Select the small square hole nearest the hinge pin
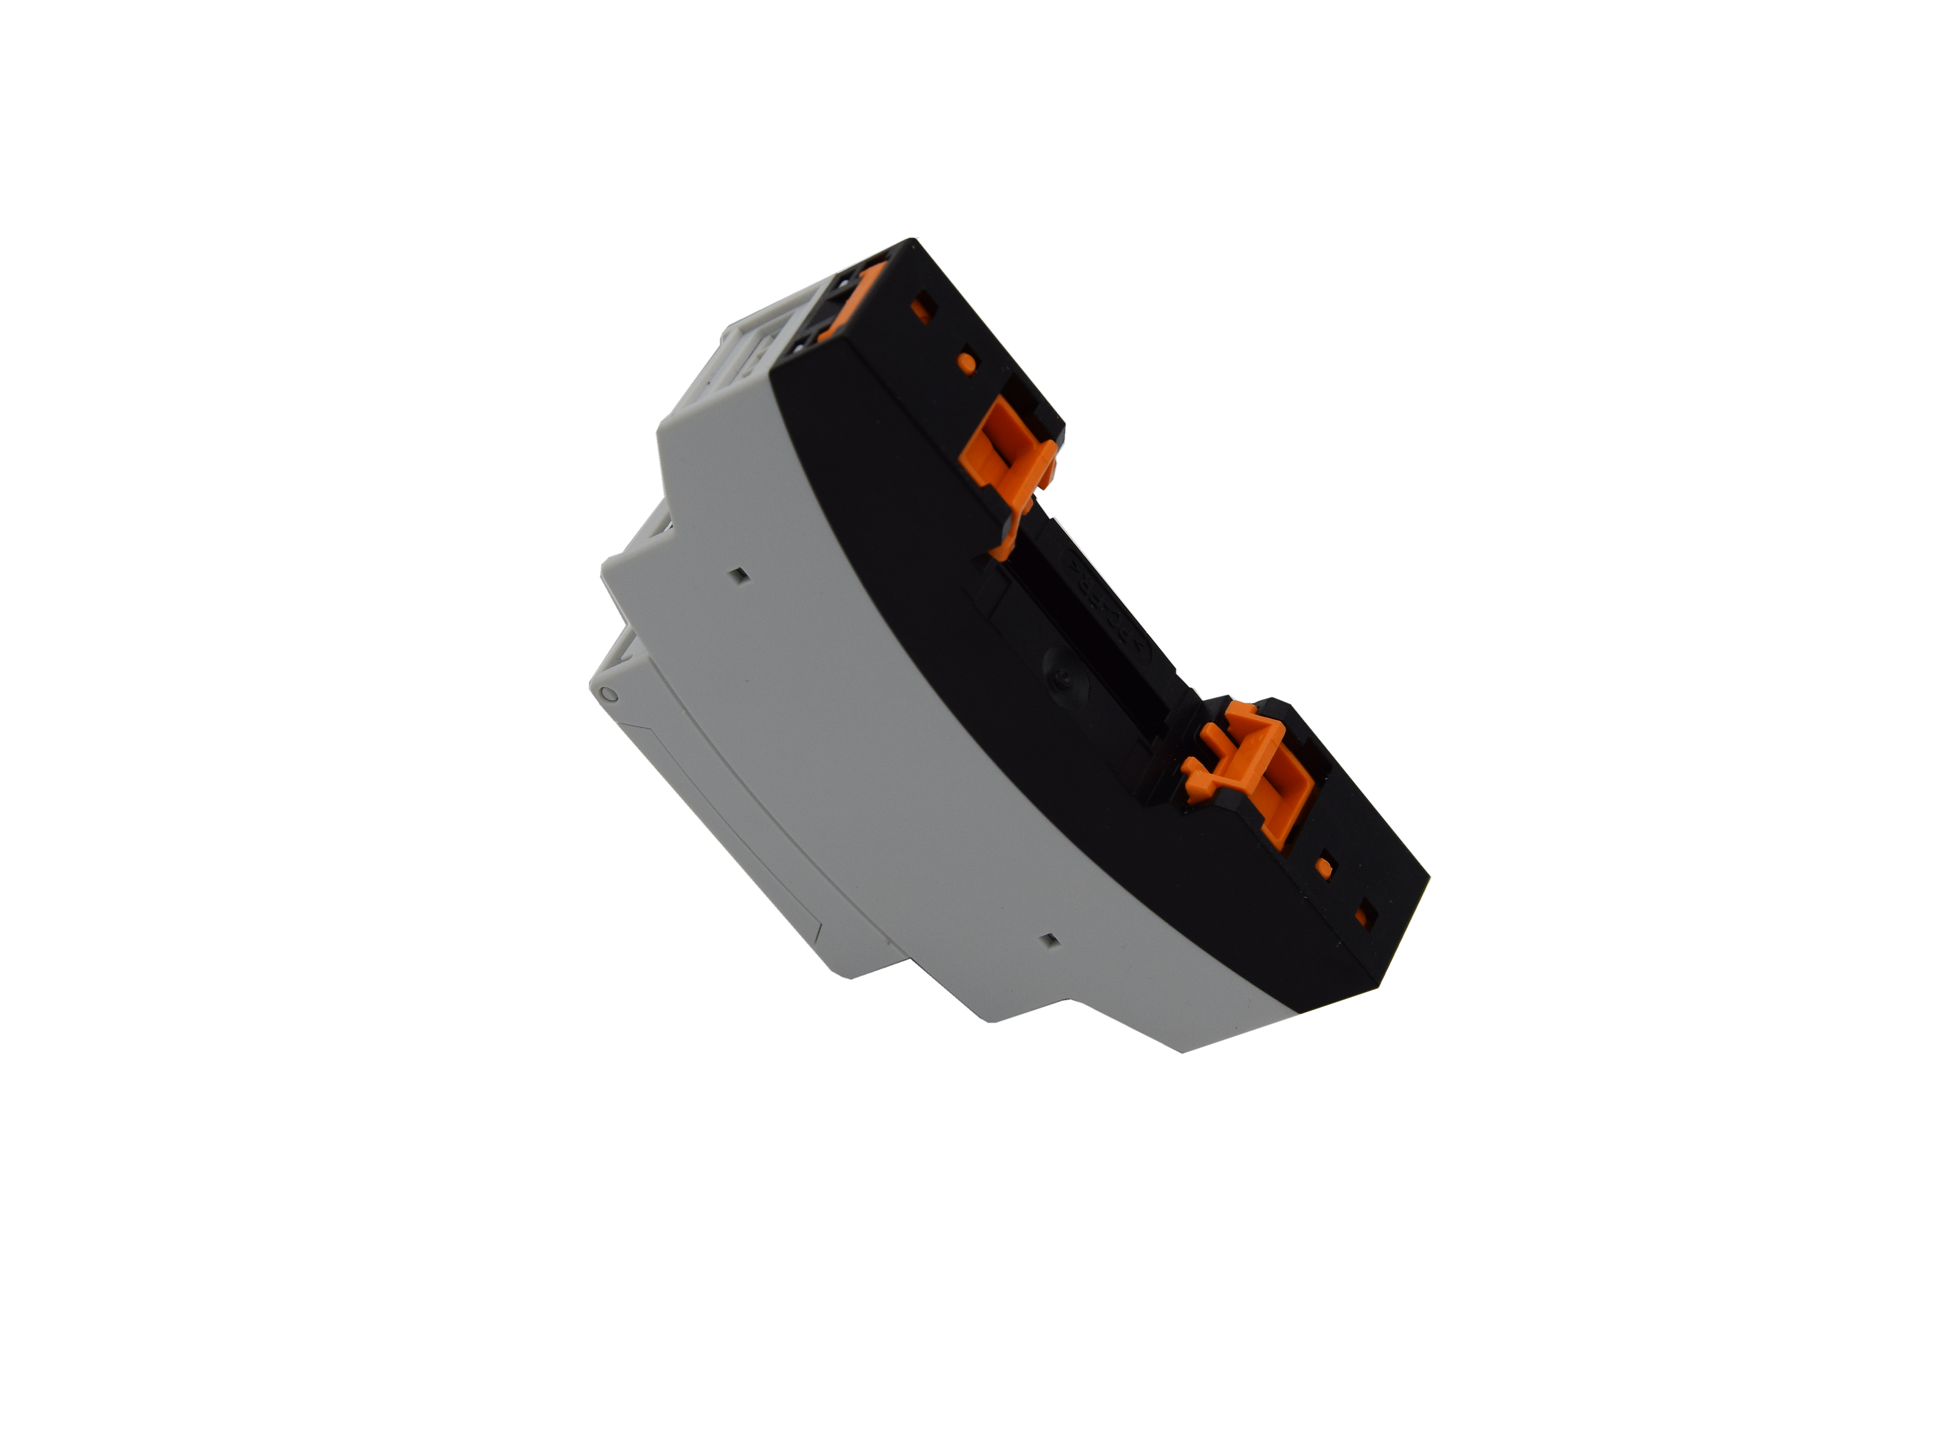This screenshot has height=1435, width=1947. click(739, 574)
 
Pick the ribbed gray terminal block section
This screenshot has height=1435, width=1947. click(739, 365)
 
